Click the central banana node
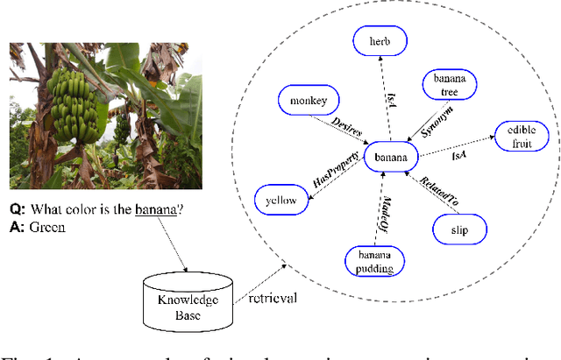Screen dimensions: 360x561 (x=391, y=158)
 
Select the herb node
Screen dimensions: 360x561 (x=379, y=41)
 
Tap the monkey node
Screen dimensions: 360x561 (x=303, y=101)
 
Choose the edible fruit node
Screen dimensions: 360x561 (x=521, y=137)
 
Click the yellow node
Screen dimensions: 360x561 (x=281, y=201)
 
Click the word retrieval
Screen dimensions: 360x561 (x=272, y=298)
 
